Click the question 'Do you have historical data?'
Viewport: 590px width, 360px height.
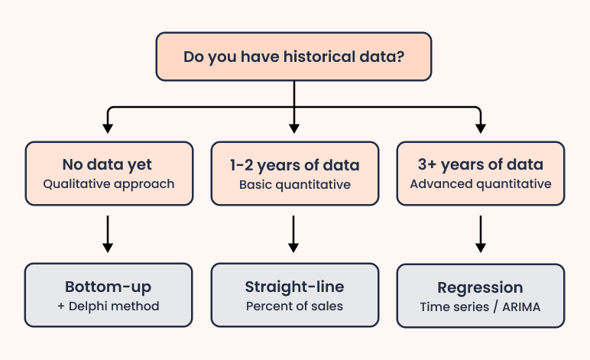point(294,57)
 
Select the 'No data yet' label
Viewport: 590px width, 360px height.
point(108,164)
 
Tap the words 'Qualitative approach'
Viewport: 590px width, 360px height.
point(108,183)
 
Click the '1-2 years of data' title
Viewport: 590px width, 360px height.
point(294,164)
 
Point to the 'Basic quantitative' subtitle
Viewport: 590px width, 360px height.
point(294,184)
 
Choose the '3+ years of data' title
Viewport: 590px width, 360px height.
point(481,164)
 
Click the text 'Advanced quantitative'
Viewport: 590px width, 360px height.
point(481,183)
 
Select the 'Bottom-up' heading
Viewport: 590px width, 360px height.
point(108,287)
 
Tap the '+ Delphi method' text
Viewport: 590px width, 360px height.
point(108,306)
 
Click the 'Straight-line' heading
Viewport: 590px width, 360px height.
point(294,287)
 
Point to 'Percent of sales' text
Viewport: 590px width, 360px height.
point(294,306)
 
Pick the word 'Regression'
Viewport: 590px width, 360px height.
point(481,288)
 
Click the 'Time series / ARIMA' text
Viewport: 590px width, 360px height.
point(481,307)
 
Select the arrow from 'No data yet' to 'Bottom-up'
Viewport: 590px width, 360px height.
point(108,233)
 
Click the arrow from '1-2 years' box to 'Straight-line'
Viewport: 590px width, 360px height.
point(294,233)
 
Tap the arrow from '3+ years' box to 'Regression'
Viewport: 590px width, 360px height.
point(481,233)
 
